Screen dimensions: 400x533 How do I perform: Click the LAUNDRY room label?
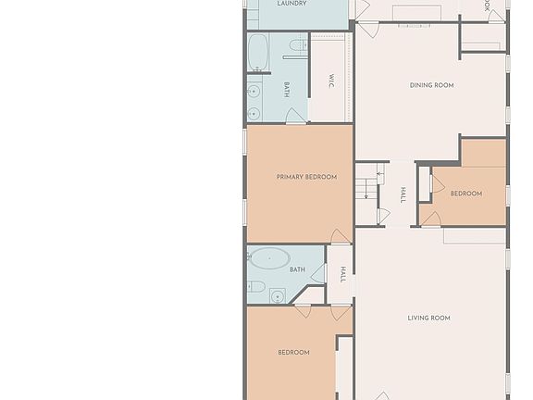[x=292, y=5]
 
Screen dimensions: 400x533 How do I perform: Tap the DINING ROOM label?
[x=431, y=86]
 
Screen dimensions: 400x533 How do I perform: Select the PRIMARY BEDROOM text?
[x=306, y=177]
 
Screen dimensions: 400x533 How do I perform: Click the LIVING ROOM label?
[x=428, y=319]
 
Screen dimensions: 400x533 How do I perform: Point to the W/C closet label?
[x=331, y=81]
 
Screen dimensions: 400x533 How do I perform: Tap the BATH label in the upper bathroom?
[x=287, y=89]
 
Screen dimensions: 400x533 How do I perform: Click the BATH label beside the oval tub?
[x=297, y=270]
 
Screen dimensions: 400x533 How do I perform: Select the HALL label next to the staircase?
[x=403, y=194]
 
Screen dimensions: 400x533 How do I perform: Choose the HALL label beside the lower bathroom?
[x=342, y=274]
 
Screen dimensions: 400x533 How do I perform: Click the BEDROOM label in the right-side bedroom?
[x=465, y=194]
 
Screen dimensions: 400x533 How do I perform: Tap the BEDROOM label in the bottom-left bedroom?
[x=293, y=353]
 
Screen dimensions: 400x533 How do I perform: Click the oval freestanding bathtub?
[x=269, y=259]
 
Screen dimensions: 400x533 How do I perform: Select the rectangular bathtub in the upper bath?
[x=258, y=54]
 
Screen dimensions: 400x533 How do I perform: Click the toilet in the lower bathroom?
[x=256, y=286]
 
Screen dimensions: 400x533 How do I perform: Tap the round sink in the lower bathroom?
[x=277, y=297]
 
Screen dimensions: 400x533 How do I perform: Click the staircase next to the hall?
[x=366, y=184]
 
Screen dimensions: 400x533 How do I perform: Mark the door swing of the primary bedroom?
[x=340, y=237]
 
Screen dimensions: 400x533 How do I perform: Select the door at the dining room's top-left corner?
[x=367, y=30]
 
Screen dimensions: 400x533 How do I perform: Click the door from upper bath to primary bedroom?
[x=295, y=117]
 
